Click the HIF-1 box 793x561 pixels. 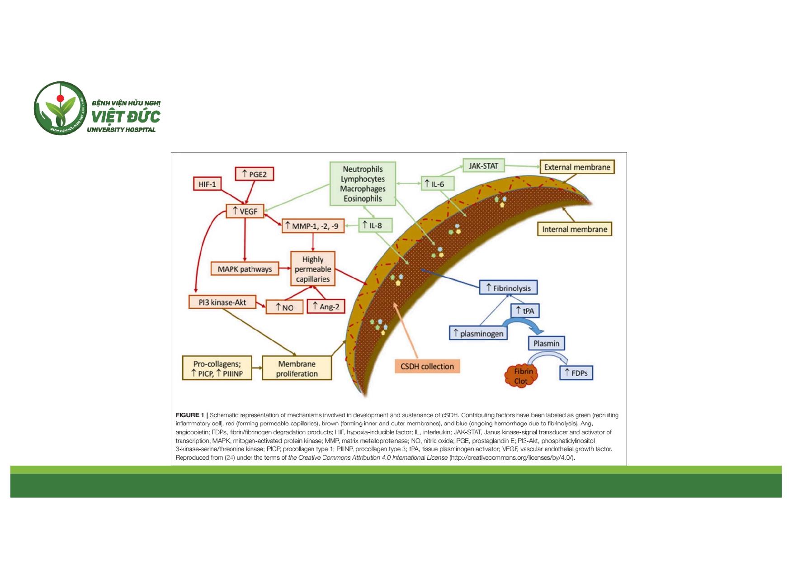pos(207,184)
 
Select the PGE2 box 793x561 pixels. pos(255,174)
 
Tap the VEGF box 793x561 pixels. pos(245,211)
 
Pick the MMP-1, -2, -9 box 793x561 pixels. pos(313,226)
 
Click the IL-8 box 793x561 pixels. pos(375,225)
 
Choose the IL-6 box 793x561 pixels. pos(437,184)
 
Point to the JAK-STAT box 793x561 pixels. pos(483,166)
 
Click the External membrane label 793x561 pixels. pos(577,167)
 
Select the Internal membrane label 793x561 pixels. pos(574,229)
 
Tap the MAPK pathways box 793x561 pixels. pos(245,269)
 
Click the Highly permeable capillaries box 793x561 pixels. pos(313,269)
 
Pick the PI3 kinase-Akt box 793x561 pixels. pos(222,302)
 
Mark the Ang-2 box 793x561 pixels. pos(326,306)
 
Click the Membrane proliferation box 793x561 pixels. pos(297,368)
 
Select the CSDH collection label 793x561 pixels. pos(427,366)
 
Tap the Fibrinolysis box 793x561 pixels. pos(508,288)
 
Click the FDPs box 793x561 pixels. pos(576,373)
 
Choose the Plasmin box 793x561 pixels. pos(546,343)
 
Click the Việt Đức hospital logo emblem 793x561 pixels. pos(60,108)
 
